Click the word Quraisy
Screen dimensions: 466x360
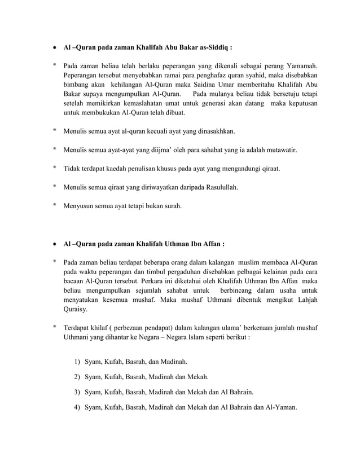pos(77,309)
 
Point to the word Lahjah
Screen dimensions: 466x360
pos(305,300)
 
